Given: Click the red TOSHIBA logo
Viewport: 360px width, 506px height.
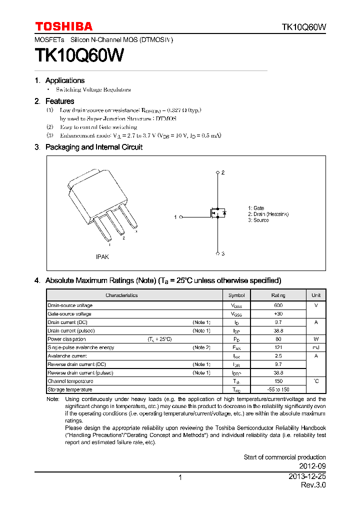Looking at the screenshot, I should (63, 26).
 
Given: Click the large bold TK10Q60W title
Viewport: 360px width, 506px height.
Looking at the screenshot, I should (79, 55).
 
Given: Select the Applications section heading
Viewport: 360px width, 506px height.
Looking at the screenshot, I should (64, 80).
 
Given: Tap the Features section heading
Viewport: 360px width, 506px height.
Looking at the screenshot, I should (59, 101).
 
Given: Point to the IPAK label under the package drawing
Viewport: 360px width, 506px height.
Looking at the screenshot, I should (102, 256).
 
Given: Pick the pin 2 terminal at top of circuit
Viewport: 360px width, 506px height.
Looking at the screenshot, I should (217, 172).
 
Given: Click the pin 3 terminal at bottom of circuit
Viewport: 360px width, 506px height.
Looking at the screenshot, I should (217, 253).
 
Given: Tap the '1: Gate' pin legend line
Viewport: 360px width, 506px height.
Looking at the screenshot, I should (256, 208).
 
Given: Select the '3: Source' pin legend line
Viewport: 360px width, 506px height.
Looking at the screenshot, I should (258, 220).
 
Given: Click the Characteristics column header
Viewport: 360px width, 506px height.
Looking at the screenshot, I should (121, 295).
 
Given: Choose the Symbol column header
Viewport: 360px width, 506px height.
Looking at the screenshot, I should (236, 295).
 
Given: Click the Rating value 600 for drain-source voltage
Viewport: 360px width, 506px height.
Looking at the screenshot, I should (278, 305).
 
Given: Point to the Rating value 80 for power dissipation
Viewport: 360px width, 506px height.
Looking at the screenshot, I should (278, 339).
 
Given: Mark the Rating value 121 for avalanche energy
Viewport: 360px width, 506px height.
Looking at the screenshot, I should (278, 347).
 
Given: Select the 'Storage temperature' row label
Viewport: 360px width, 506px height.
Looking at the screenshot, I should (69, 389).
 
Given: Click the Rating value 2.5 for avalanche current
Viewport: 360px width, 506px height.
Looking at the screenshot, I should (278, 356).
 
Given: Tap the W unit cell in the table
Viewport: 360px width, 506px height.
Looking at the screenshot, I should (316, 339).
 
